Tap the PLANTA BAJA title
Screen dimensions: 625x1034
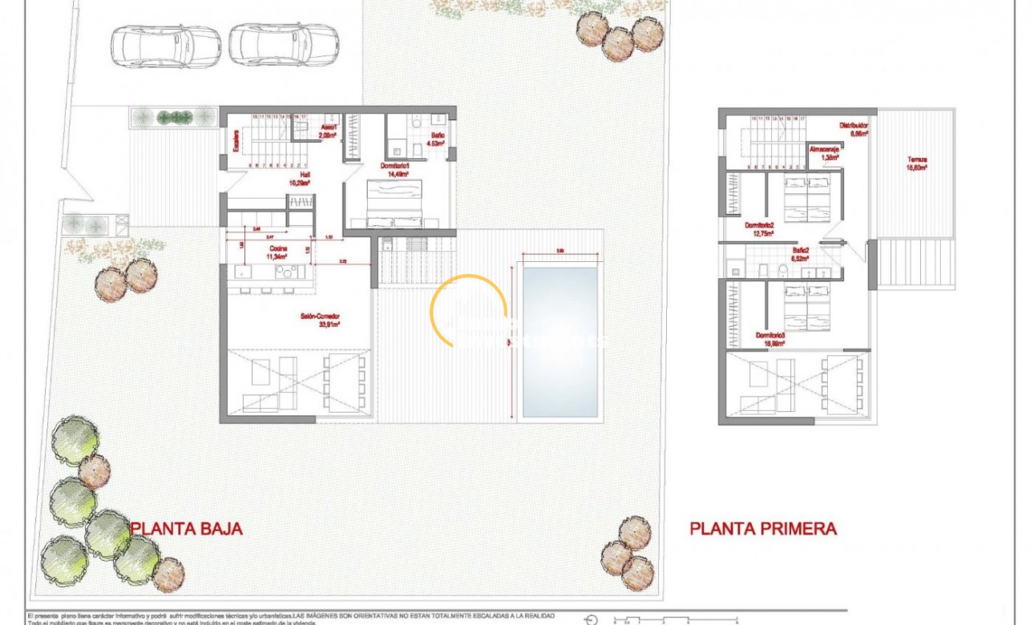pyautogui.click(x=186, y=529)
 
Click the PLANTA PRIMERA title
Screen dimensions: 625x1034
pyautogui.click(x=763, y=529)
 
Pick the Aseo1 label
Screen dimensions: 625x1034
pyautogui.click(x=328, y=131)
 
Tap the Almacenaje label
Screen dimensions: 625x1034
pyautogui.click(x=826, y=153)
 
